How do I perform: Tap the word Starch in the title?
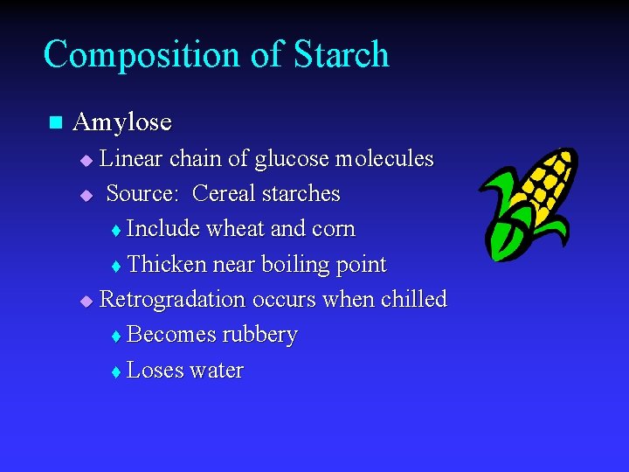(342, 54)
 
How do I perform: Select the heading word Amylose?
(122, 122)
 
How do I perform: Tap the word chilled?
(413, 300)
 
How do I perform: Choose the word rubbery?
(260, 335)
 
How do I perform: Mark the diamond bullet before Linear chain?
(86, 161)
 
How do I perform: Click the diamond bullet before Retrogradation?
(86, 302)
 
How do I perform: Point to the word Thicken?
(167, 265)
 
